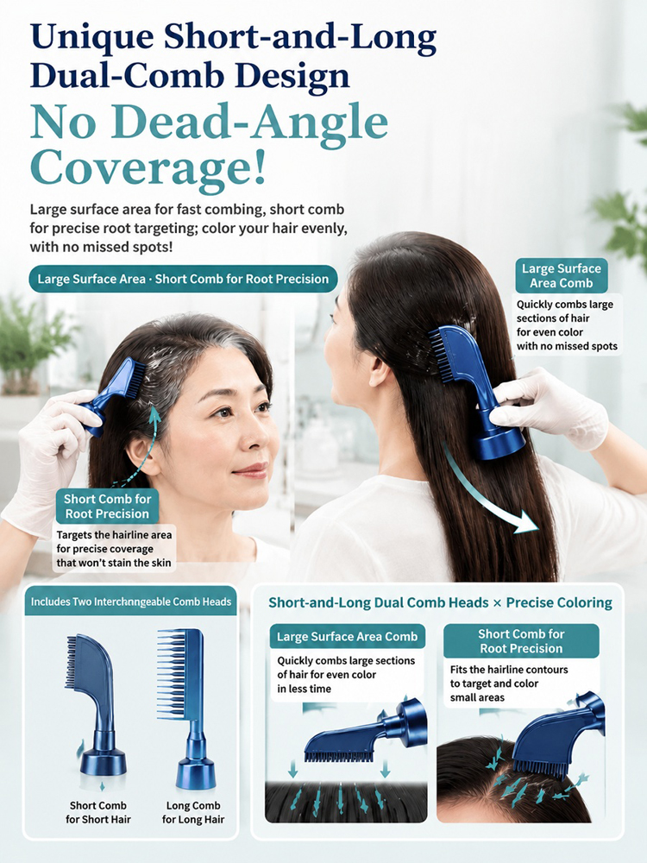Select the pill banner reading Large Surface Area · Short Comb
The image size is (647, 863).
pyautogui.click(x=183, y=279)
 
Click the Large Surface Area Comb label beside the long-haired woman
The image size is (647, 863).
pyautogui.click(x=562, y=276)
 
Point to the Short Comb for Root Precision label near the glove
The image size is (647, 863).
pyautogui.click(x=107, y=507)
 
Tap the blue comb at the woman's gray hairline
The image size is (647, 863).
pyautogui.click(x=114, y=391)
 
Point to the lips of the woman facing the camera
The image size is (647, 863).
pyautogui.click(x=251, y=470)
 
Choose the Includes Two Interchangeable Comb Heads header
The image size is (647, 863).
pyautogui.click(x=131, y=602)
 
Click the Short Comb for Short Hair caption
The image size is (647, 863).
pyautogui.click(x=98, y=812)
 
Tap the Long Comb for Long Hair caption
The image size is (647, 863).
pyautogui.click(x=193, y=812)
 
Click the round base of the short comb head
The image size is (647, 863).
pyautogui.click(x=103, y=763)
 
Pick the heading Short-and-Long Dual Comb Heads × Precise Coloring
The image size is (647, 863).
pyautogui.click(x=440, y=602)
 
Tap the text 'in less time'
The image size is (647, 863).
pyautogui.click(x=305, y=689)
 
